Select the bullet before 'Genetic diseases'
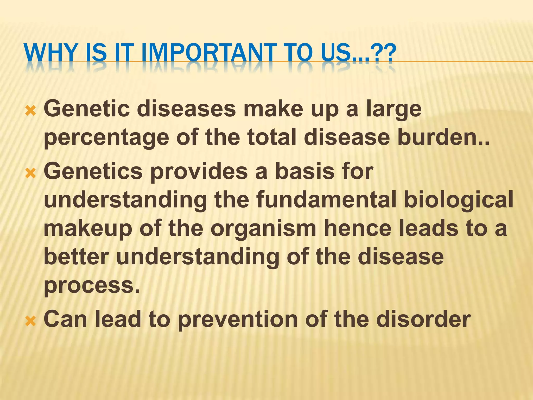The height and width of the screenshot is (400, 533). [31, 110]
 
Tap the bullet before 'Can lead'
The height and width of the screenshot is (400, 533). [31, 321]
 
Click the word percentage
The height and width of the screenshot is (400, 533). [106, 138]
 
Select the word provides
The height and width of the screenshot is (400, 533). [199, 172]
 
